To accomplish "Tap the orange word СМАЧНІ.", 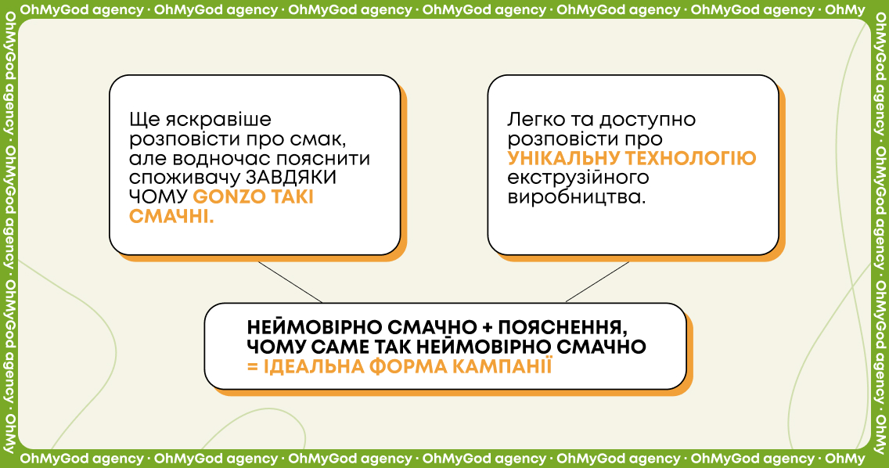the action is tap(171, 216).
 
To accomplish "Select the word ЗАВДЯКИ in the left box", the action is tap(291, 178).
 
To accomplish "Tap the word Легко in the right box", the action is tap(536, 120).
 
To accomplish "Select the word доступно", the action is tap(647, 120).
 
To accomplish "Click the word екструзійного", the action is tap(578, 178).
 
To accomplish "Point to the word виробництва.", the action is tap(577, 197).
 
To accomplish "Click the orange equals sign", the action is tap(252, 367).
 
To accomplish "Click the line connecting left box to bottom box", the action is tap(290, 282).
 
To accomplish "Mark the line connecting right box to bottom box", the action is tap(598, 282).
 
